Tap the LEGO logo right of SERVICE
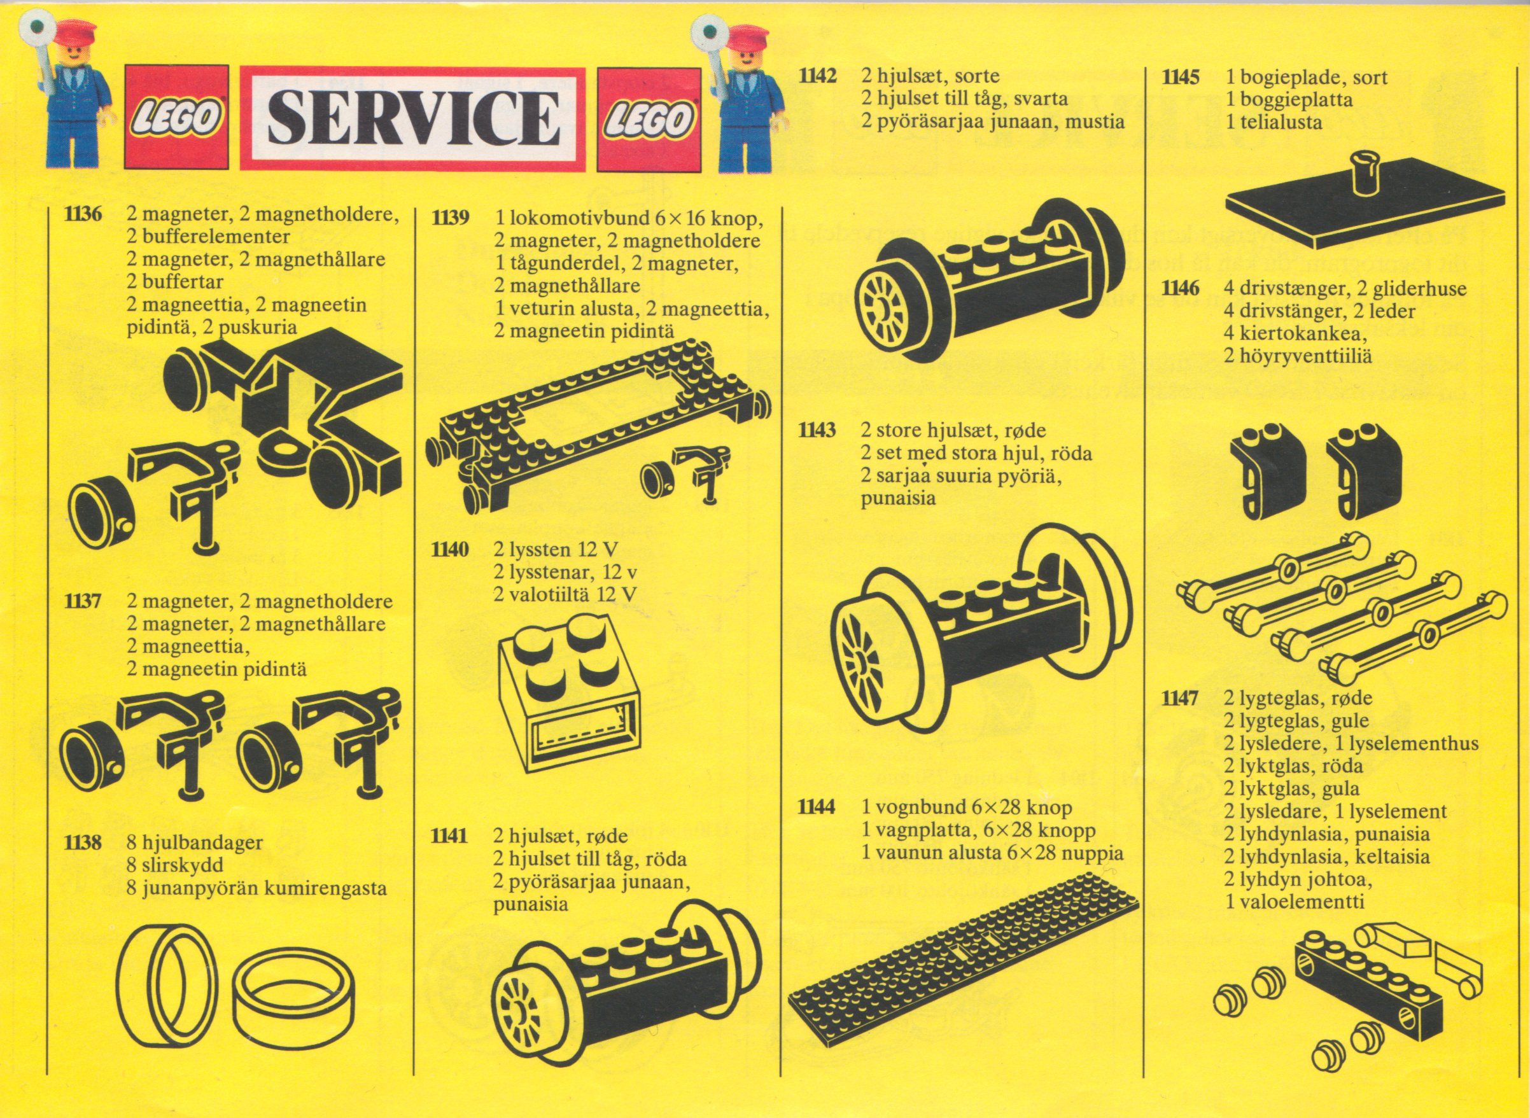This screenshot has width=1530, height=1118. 649,119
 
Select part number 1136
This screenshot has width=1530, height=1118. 83,214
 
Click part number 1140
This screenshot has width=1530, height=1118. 450,549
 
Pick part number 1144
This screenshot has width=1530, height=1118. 817,807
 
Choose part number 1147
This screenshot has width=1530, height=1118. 1181,699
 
